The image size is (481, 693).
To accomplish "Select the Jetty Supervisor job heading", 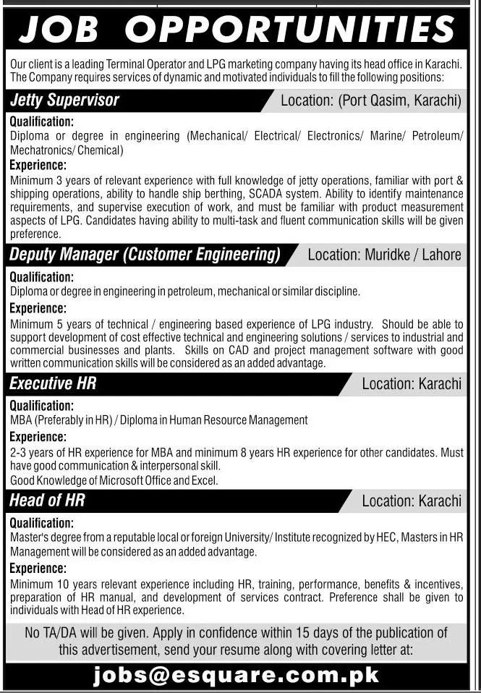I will pos(64,101).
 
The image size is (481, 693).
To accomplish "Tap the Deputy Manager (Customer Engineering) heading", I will pos(145,255).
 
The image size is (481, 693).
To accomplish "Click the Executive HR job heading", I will pos(53,383).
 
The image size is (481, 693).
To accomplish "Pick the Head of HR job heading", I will pos(48,499).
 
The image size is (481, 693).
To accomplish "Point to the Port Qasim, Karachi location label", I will pos(370,101).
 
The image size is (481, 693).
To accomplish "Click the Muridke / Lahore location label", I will pos(384,255).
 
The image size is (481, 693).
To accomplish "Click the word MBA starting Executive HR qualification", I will pos(21,420).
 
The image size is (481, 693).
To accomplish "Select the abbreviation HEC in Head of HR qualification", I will pos(384,537).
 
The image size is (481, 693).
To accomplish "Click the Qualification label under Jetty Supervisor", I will pos(42,122).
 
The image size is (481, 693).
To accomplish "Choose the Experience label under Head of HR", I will pos(39,569).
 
